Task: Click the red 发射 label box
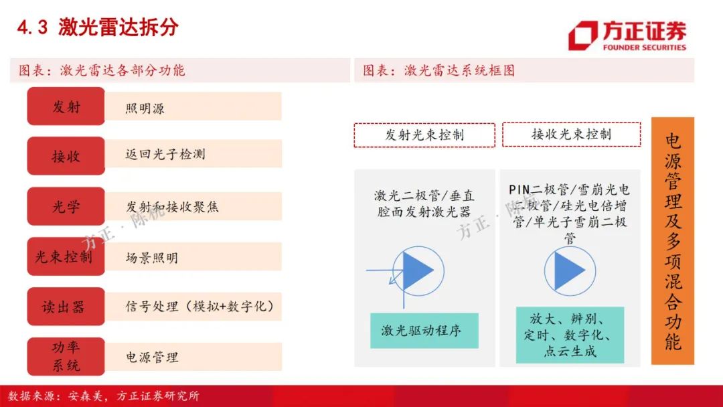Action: (66, 106)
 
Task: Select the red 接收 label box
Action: (66, 156)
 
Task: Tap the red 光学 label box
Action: (66, 206)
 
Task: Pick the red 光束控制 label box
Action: (66, 256)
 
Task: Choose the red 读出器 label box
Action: (66, 306)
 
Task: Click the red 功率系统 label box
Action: (66, 356)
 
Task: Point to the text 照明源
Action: (145, 108)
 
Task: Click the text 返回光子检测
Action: (165, 154)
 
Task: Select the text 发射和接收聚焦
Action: (172, 207)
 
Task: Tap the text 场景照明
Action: (152, 258)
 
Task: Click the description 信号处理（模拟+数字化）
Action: (199, 306)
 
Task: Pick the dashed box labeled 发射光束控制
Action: (424, 135)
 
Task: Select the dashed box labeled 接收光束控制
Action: (571, 134)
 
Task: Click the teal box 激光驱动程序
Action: (424, 331)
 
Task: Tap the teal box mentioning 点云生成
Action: (570, 335)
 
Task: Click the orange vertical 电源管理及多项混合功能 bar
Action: (673, 240)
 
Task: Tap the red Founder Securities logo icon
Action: (582, 35)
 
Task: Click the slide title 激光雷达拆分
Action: (118, 27)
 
